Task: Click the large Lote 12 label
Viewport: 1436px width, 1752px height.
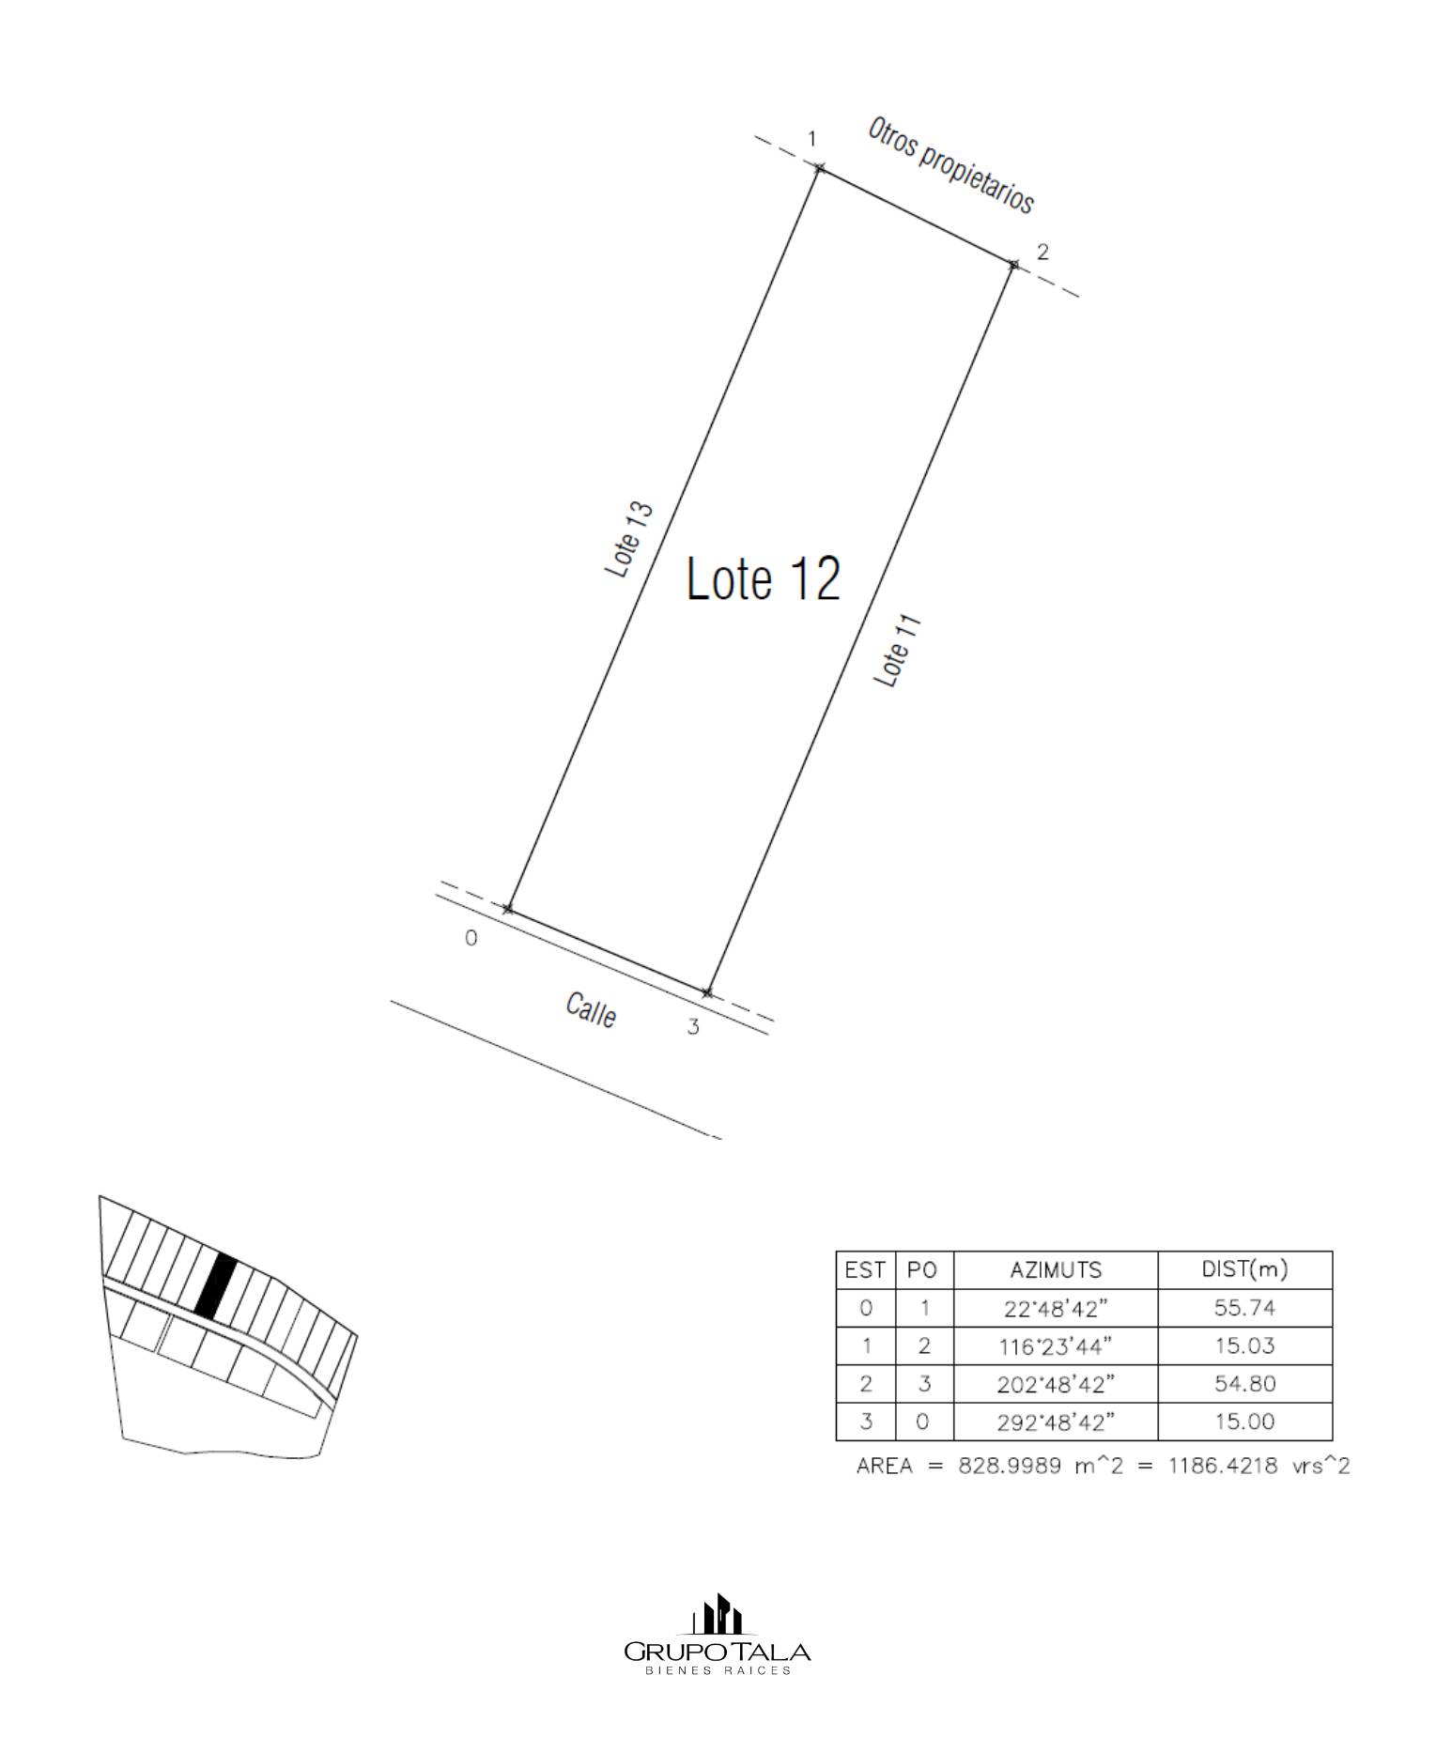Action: [764, 578]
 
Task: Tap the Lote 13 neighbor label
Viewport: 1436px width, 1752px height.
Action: [629, 540]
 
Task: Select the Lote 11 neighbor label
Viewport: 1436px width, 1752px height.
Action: [898, 651]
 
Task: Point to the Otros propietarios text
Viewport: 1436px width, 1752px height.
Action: [950, 165]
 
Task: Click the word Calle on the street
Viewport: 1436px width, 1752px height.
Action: [591, 1010]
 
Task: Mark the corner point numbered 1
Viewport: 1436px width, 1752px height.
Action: [820, 168]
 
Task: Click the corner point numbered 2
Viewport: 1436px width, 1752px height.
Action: [1012, 265]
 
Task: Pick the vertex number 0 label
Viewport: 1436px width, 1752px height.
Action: [471, 938]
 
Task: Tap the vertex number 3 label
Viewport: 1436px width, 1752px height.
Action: [693, 1027]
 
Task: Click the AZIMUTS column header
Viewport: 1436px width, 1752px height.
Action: [1056, 1270]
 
